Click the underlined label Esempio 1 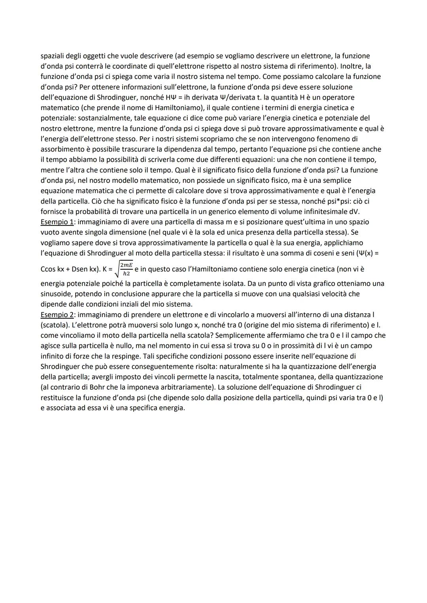(55, 222)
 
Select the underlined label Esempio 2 (55, 314)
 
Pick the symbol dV (342, 212)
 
